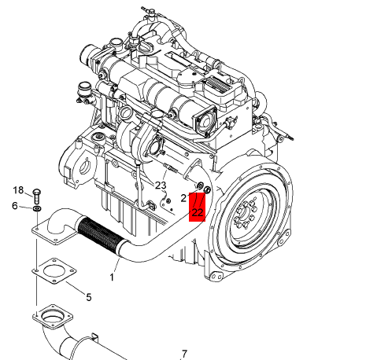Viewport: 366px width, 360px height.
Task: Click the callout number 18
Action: click(18, 190)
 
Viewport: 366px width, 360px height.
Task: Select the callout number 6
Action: click(15, 206)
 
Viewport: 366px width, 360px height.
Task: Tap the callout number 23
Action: click(161, 186)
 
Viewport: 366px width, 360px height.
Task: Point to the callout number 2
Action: click(183, 198)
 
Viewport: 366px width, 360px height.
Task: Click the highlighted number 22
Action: click(198, 212)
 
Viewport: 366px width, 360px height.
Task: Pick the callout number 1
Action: click(112, 277)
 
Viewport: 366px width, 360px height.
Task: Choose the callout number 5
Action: click(89, 297)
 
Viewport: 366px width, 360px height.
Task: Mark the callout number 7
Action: click(184, 354)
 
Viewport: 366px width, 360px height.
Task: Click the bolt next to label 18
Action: click(36, 196)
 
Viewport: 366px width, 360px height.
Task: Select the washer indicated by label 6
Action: click(37, 209)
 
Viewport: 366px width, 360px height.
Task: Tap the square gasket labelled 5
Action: click(54, 271)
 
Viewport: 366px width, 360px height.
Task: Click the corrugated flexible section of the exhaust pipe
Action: click(100, 234)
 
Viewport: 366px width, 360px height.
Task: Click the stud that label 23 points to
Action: click(171, 167)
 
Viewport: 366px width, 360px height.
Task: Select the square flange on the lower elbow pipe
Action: click(53, 317)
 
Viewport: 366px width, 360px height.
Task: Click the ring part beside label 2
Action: click(200, 186)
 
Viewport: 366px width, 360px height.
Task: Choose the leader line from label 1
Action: click(116, 266)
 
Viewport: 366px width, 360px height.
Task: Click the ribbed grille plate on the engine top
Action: click(218, 83)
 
